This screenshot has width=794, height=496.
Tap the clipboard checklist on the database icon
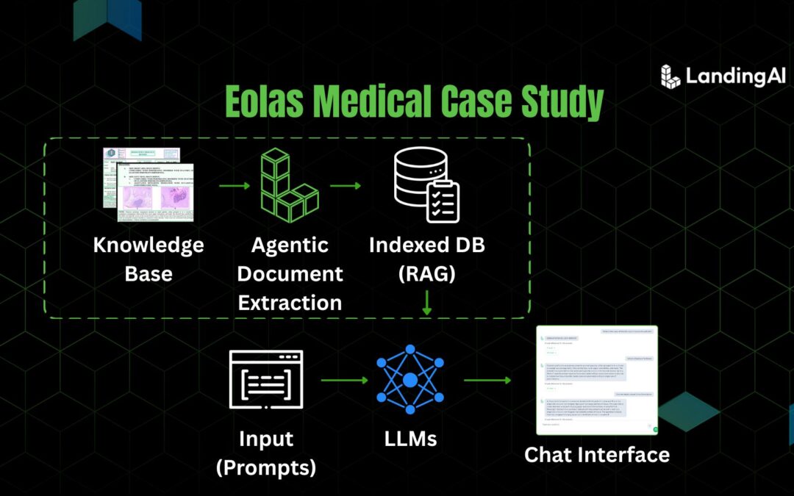point(443,201)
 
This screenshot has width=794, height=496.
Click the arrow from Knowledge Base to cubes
point(235,185)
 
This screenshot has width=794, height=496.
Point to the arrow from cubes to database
point(346,185)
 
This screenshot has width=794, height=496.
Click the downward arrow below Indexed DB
point(426,302)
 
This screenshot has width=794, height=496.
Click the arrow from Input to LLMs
point(343,380)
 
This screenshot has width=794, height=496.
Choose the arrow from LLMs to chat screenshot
point(487,380)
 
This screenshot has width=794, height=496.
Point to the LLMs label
point(410,439)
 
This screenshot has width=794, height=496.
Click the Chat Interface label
point(596,454)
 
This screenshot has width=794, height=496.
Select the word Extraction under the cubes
point(290,302)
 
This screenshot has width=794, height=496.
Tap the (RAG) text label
point(426,274)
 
